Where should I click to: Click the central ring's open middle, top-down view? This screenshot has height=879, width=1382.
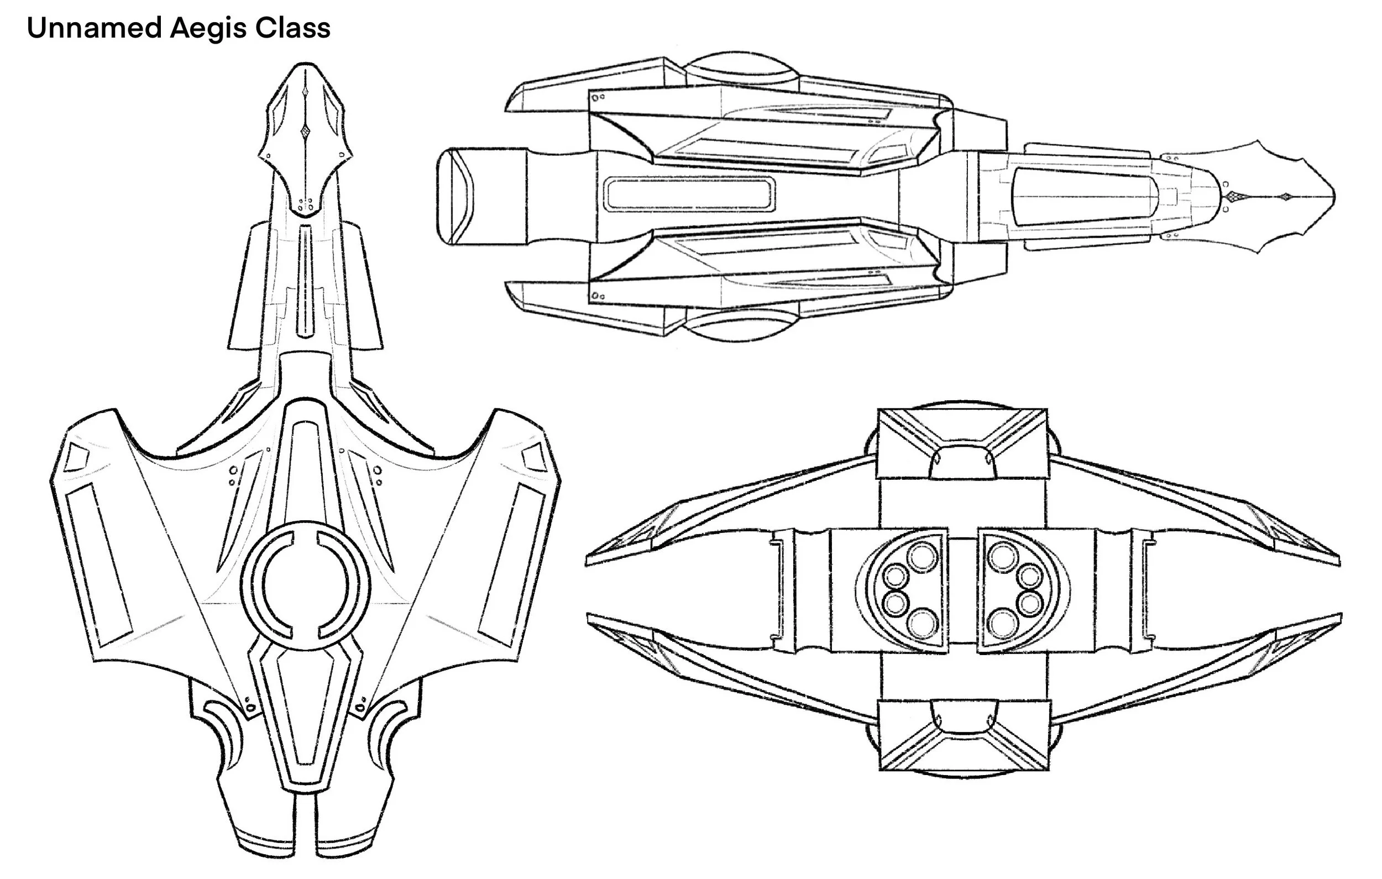tap(305, 585)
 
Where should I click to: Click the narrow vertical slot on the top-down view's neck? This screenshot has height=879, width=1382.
tap(305, 281)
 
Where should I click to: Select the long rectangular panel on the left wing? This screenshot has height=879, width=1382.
tap(100, 566)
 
